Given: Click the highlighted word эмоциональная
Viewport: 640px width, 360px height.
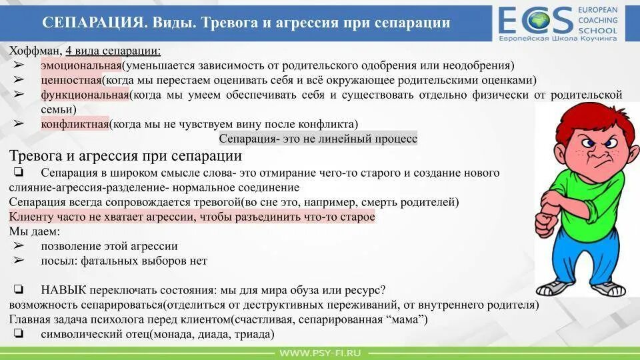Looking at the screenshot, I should pos(81,65).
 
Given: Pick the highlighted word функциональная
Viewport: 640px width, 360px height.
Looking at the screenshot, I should pos(85,95).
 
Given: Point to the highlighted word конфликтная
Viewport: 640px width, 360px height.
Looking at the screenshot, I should pos(75,124).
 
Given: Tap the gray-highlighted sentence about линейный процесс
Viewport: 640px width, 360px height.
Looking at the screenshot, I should pos(318,139).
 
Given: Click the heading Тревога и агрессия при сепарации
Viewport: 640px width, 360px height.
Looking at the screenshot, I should pos(125,156).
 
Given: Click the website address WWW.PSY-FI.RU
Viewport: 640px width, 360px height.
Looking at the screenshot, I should pos(320,352).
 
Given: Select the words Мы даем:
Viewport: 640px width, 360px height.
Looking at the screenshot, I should pos(35,231).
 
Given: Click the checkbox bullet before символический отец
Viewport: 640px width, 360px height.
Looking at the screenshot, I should pos(18,334).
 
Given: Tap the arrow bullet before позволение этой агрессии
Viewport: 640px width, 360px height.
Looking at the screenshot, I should pos(18,246).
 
